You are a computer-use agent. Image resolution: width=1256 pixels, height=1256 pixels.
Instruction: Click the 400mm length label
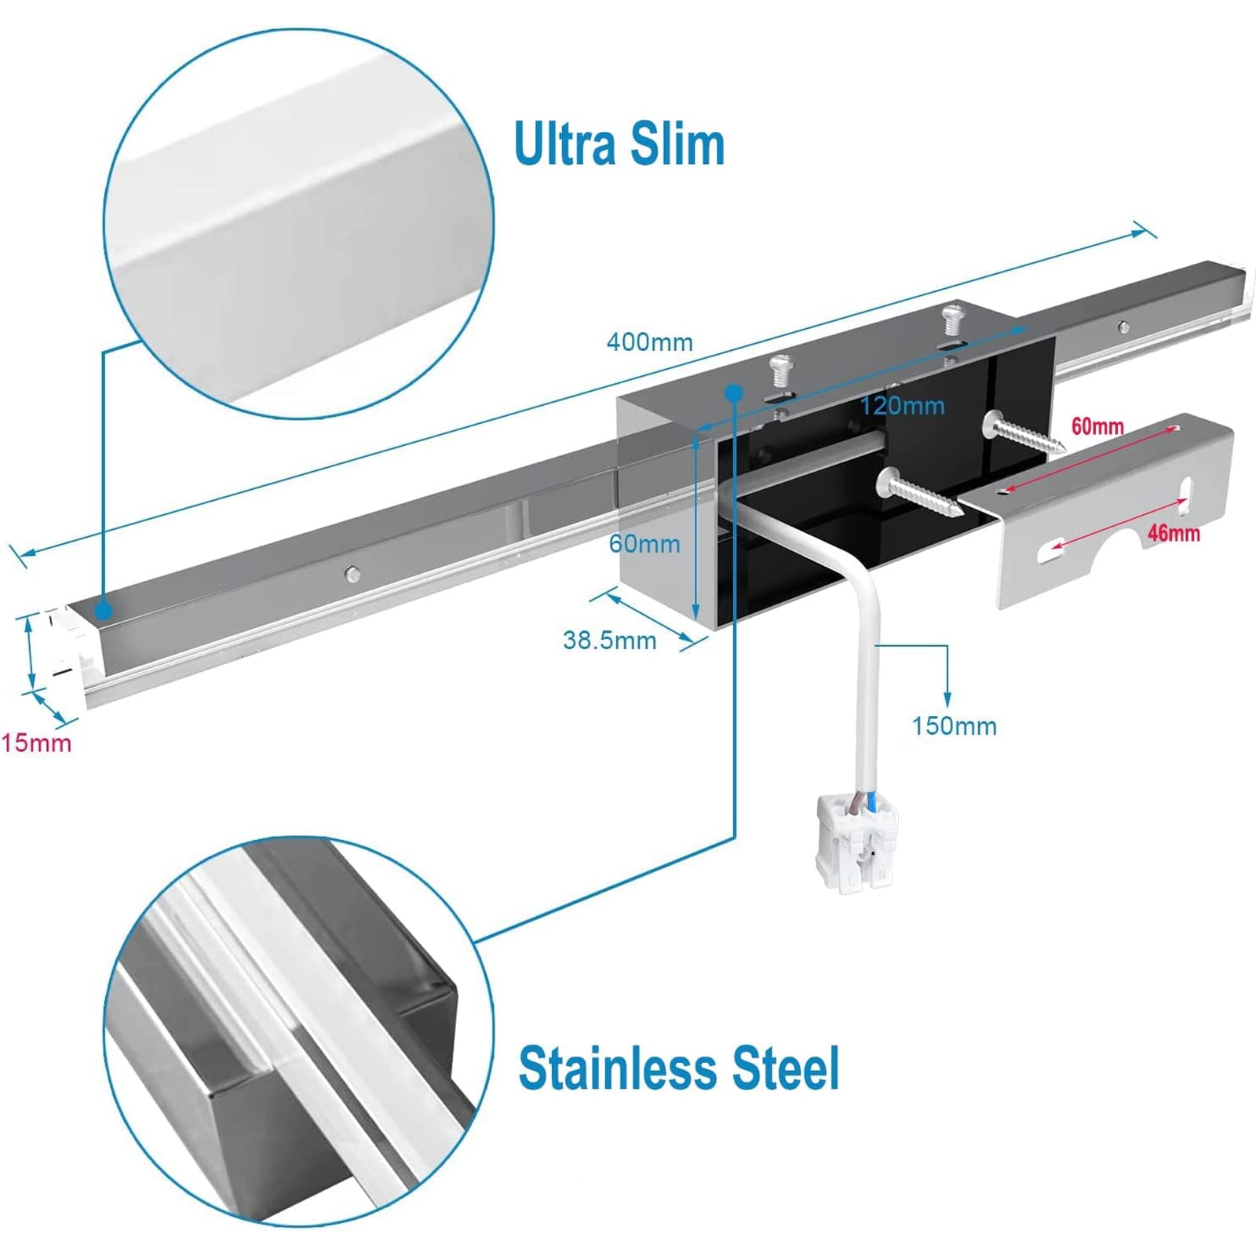point(649,342)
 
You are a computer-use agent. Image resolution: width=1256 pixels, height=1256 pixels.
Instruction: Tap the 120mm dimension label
point(902,406)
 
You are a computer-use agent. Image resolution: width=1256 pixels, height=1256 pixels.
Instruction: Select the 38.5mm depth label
point(609,641)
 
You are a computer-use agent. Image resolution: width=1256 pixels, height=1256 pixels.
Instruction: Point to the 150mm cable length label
point(954,726)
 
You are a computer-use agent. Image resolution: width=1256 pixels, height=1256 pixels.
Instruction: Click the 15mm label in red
point(36,743)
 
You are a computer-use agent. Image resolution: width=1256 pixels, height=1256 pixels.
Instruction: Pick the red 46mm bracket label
point(1174,534)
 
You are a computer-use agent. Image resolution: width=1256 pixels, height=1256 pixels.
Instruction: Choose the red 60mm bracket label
point(1097,426)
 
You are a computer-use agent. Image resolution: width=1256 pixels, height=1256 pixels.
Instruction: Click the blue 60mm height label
point(644,544)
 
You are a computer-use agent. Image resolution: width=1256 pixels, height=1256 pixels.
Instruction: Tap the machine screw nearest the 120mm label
point(780,369)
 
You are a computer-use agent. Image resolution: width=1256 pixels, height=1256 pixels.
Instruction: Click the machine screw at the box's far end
point(951,318)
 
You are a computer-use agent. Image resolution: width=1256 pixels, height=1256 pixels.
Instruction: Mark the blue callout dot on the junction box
point(734,392)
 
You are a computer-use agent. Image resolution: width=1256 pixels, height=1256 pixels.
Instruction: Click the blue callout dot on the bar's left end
point(104,610)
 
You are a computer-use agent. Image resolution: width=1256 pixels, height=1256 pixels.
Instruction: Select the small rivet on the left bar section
point(353,575)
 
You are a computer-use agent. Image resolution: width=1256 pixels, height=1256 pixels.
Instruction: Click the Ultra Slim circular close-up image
point(298,224)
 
